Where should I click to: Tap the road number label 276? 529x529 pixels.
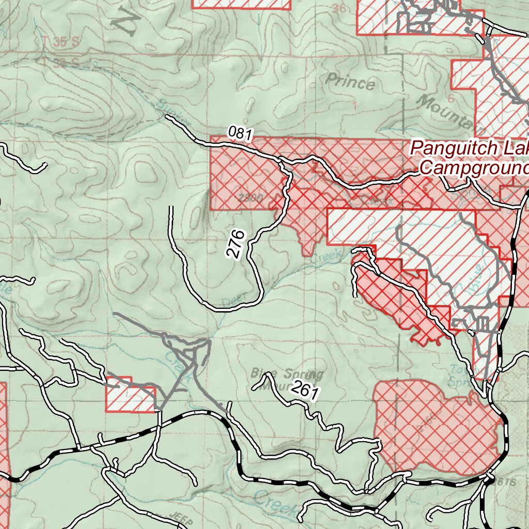pyautogui.click(x=235, y=244)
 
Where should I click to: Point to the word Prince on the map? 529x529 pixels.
pyautogui.click(x=351, y=82)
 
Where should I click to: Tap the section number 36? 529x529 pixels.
pyautogui.click(x=339, y=8)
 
